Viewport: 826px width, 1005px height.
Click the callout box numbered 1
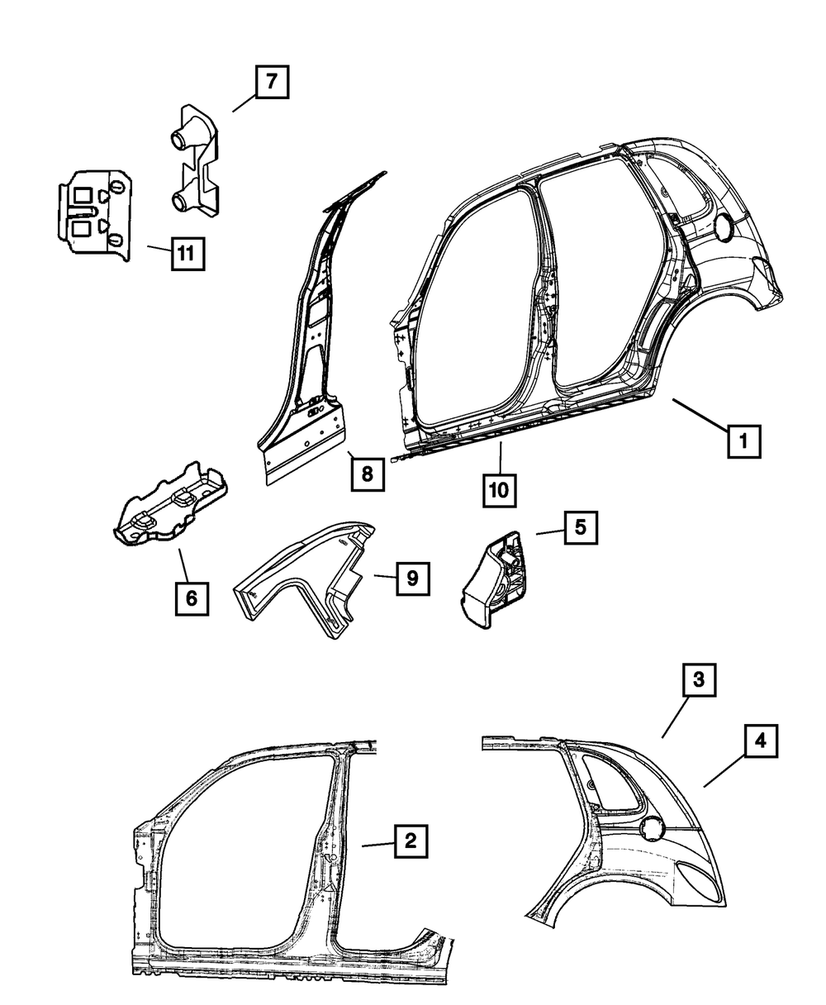[x=743, y=441]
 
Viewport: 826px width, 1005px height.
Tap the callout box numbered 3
[x=699, y=681]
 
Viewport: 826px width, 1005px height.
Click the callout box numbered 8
[x=367, y=474]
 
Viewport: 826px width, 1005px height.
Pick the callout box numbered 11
[x=188, y=253]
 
